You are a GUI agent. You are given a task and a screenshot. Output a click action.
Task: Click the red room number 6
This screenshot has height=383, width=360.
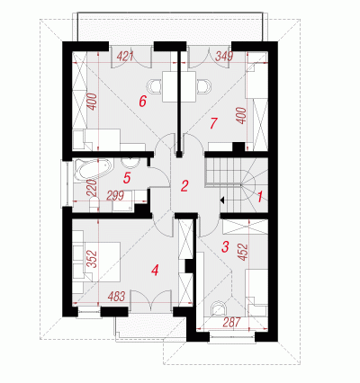coord(142,102)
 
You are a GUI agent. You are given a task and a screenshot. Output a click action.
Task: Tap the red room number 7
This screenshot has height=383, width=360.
coord(213,123)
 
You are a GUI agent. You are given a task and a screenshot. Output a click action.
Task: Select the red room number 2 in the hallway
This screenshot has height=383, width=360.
coord(184,186)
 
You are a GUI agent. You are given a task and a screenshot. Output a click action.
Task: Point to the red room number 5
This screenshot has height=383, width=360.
coord(127,178)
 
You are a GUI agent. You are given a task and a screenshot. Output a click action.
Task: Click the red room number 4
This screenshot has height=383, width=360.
coord(155,271)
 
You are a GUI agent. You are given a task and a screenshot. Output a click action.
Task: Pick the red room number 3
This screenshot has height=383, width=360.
coord(225,246)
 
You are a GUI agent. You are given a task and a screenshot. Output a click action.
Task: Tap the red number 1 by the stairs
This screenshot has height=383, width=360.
coord(260,197)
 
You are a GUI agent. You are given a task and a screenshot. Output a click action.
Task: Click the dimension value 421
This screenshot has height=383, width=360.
coord(125,56)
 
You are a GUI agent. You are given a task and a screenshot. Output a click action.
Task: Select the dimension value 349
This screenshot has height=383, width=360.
coord(224,56)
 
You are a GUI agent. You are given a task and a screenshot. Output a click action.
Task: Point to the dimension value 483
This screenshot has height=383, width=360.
coord(116,297)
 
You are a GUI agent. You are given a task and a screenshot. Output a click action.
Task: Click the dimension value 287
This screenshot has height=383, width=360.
coord(232,322)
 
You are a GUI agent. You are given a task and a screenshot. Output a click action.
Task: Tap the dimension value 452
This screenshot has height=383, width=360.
coord(244,252)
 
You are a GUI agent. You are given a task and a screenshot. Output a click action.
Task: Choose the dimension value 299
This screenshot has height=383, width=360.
coord(115,196)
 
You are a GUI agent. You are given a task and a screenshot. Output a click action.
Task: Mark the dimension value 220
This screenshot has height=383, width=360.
coord(93,187)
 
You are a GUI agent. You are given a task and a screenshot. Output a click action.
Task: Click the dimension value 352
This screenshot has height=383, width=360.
coord(93,259)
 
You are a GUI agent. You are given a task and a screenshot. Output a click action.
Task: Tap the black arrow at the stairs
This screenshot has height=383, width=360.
coord(222,200)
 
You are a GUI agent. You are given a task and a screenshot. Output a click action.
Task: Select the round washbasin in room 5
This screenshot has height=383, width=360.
coord(130,163)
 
